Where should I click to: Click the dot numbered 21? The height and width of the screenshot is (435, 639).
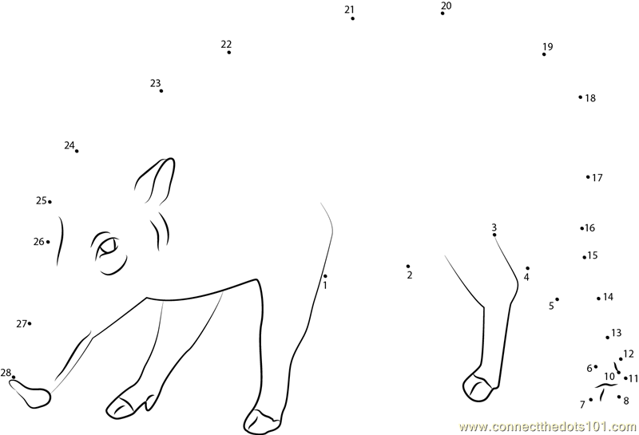(352, 18)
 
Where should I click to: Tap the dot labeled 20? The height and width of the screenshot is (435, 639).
(443, 14)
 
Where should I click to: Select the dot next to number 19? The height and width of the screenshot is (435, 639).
(544, 54)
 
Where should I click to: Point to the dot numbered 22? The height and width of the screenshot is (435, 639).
(229, 52)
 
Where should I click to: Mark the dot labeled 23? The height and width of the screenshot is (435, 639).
(161, 91)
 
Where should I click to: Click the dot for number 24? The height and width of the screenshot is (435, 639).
(77, 151)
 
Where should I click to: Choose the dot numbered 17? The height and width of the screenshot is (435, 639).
(588, 176)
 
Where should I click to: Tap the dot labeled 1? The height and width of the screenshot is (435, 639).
(325, 276)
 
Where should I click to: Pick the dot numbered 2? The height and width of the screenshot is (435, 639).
(408, 267)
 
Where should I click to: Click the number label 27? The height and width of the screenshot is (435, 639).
(22, 324)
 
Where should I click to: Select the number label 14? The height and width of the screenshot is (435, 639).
(608, 297)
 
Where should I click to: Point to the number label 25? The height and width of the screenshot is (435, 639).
(42, 200)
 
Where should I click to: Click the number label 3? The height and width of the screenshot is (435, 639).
(494, 227)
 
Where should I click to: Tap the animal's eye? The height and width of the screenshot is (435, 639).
(108, 247)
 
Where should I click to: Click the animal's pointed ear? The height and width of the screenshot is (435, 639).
(156, 181)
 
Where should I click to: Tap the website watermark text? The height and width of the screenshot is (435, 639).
(548, 426)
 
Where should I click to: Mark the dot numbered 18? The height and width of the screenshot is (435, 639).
(581, 97)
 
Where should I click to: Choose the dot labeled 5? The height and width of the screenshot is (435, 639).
(557, 299)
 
